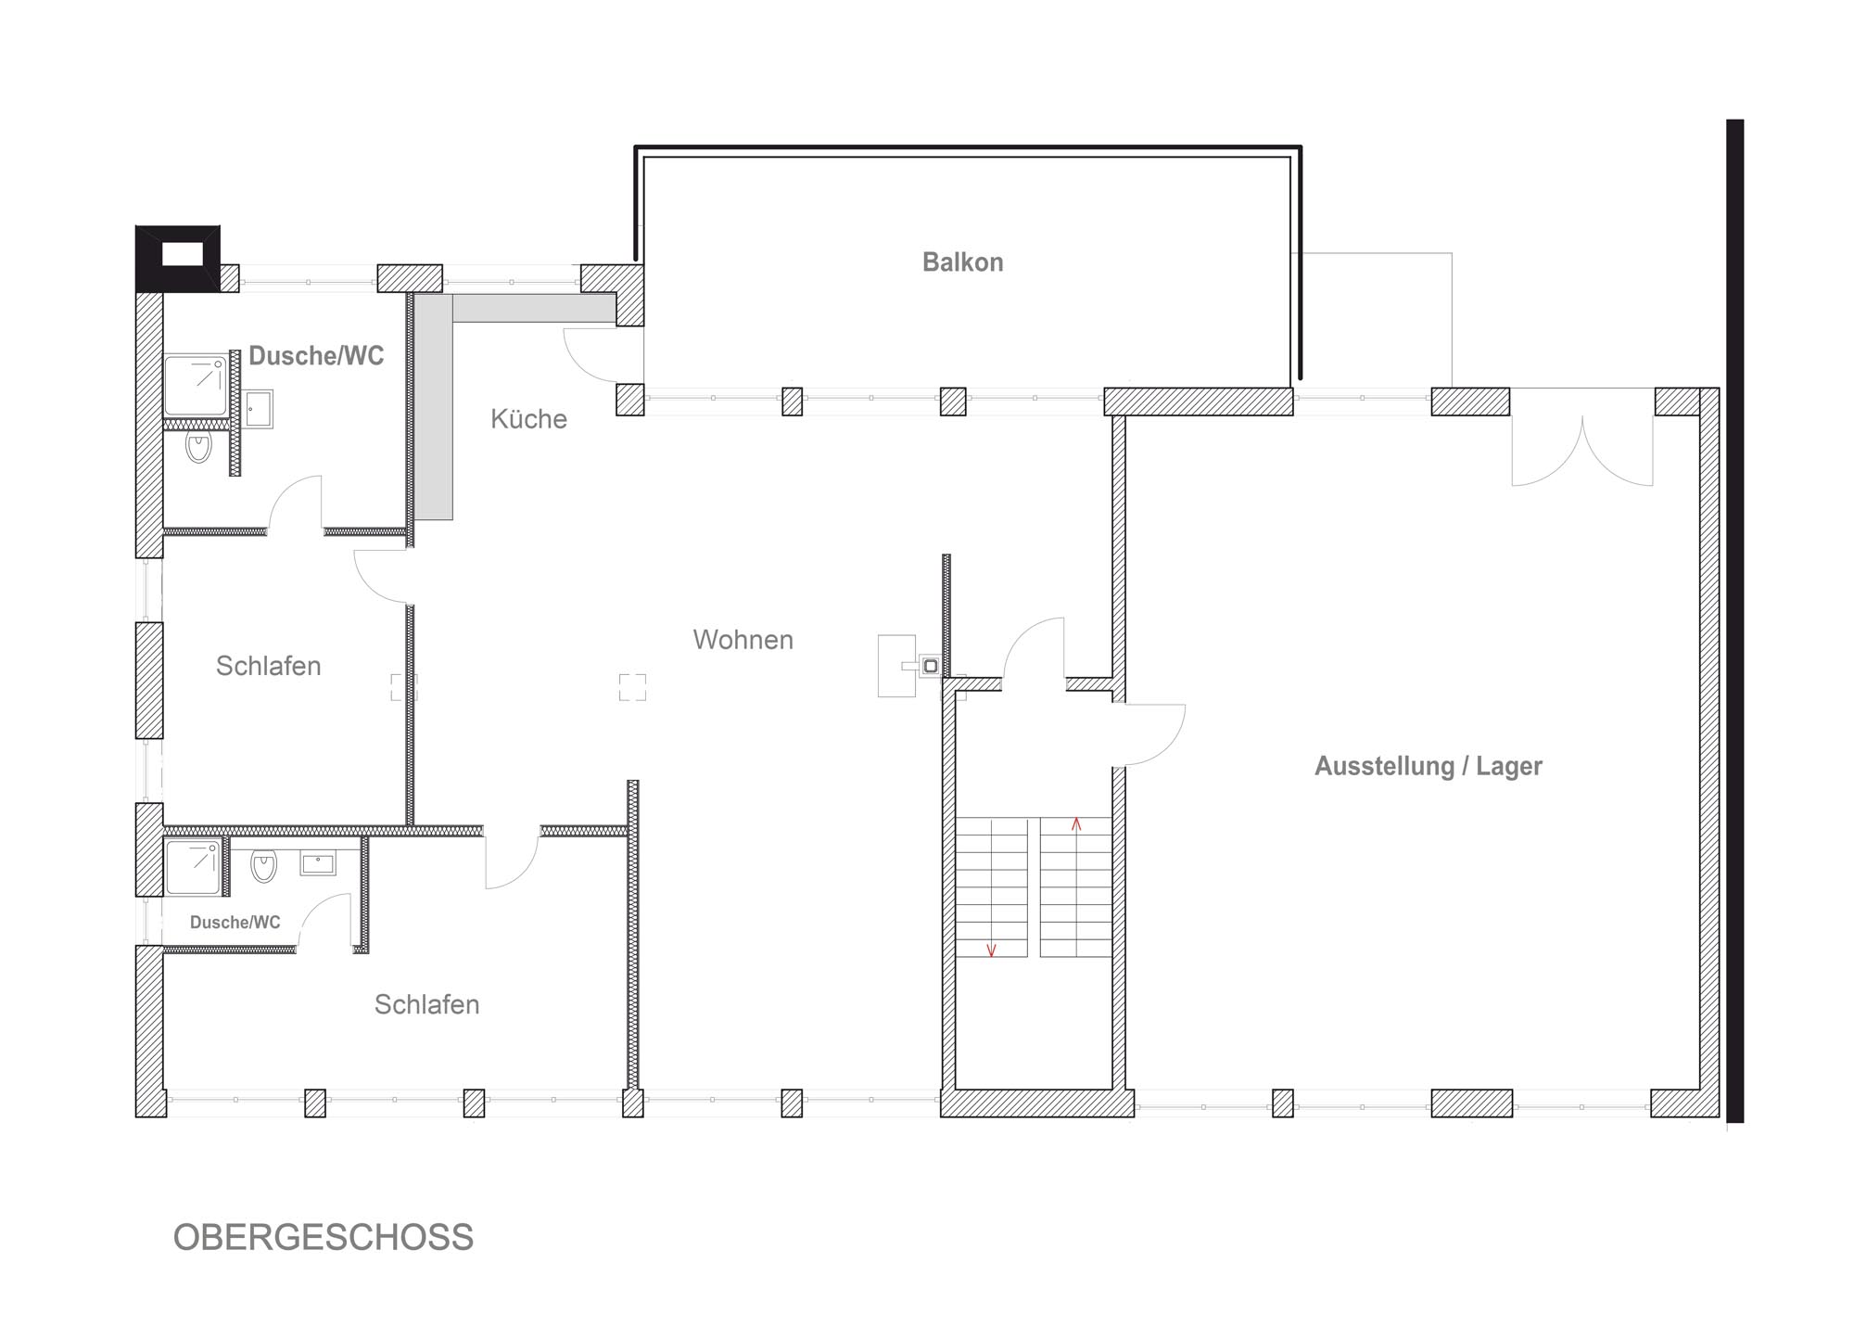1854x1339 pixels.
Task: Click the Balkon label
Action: click(962, 262)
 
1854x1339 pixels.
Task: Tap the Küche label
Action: click(528, 419)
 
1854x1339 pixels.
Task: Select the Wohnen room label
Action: click(743, 640)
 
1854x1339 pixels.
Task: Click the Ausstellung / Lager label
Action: click(1429, 766)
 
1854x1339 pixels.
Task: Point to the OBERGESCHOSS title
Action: click(324, 1238)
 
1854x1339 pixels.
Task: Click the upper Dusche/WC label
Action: click(316, 356)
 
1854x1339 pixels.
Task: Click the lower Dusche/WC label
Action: click(235, 923)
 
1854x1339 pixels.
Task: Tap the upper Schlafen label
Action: click(268, 666)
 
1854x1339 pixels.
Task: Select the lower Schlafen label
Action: click(426, 1004)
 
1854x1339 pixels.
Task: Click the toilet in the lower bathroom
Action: click(264, 866)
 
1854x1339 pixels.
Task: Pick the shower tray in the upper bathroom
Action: click(196, 386)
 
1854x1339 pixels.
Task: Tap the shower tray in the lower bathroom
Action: click(193, 867)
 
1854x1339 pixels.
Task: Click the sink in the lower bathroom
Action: click(318, 864)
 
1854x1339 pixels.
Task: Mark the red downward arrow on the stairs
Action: click(991, 950)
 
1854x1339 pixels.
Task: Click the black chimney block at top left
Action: click(178, 259)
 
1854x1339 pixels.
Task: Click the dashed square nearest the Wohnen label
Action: click(632, 687)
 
